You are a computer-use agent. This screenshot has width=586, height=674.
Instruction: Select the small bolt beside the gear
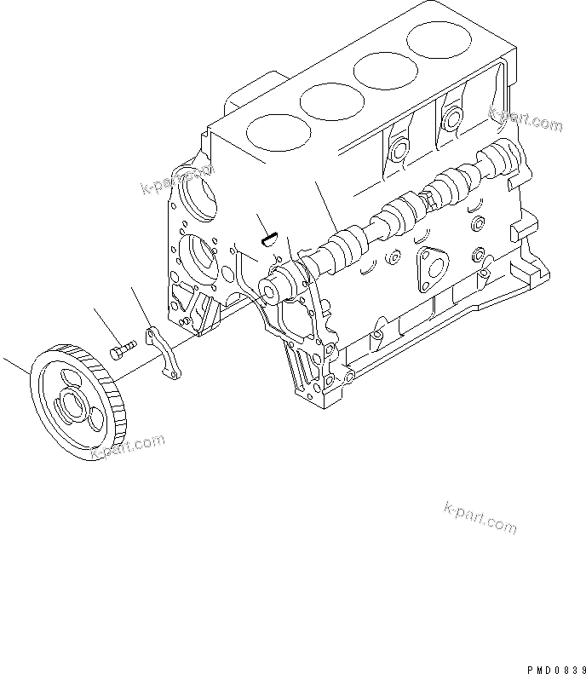[x=124, y=350]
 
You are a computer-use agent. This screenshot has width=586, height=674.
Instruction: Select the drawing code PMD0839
[x=554, y=667]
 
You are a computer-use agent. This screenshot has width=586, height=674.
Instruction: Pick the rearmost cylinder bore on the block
[x=438, y=38]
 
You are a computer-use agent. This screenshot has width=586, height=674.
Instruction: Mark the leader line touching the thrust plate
[x=141, y=306]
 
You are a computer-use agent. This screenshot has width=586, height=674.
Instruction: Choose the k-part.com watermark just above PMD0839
[x=480, y=518]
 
